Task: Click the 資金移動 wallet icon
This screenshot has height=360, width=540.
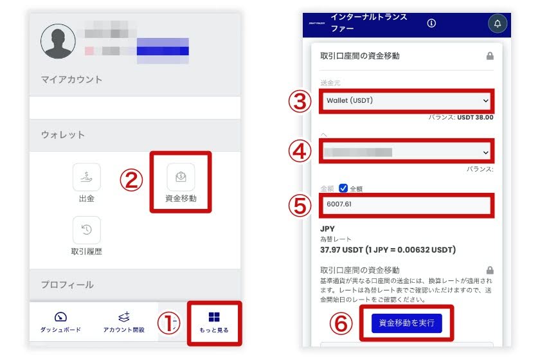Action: (181, 177)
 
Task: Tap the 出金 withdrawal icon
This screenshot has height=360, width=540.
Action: (87, 177)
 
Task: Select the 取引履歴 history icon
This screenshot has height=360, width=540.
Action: (87, 230)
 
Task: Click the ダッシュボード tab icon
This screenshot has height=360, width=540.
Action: (60, 317)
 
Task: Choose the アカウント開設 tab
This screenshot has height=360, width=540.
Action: (124, 317)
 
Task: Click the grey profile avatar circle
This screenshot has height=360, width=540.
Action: (58, 42)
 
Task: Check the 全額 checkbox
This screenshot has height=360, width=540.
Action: (343, 188)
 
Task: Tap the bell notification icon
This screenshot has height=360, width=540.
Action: (497, 24)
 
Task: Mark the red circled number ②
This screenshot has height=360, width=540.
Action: (130, 181)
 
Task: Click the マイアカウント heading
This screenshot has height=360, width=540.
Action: (72, 80)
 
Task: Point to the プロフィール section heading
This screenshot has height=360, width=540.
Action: (67, 285)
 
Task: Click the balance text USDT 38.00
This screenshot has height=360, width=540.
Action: (475, 118)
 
